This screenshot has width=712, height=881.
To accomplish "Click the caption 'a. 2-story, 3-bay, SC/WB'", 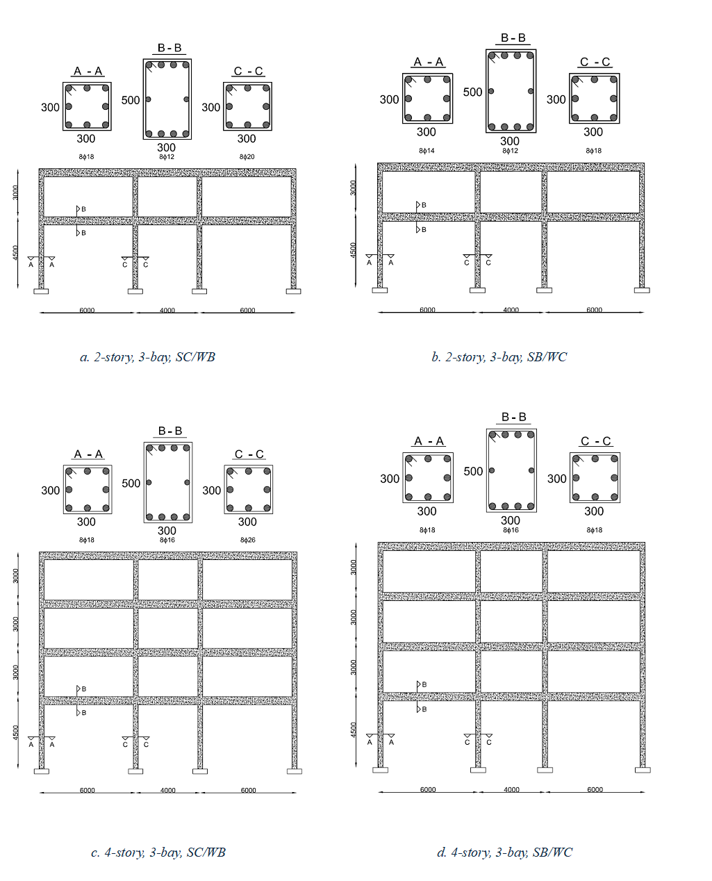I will [x=147, y=357].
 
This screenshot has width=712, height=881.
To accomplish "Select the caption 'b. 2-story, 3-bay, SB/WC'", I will [x=499, y=357].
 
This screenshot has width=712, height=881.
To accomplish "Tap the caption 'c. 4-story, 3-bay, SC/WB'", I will [x=158, y=853].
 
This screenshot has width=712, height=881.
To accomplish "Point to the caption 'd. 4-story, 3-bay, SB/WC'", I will [x=504, y=853].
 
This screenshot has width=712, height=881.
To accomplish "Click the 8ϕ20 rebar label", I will [x=247, y=157].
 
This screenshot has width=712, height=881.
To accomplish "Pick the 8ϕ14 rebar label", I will [x=427, y=151].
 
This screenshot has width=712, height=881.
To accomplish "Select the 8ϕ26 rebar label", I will [x=247, y=540].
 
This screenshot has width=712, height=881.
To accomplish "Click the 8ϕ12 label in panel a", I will [x=167, y=157].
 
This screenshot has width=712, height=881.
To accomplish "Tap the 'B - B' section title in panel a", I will [x=169, y=48].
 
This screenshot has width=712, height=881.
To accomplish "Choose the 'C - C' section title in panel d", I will [x=595, y=441].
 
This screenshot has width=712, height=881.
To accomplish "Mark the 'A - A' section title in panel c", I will [x=88, y=454].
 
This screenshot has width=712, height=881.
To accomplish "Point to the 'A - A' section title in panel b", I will [x=428, y=63].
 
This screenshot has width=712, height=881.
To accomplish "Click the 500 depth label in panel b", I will [x=472, y=92].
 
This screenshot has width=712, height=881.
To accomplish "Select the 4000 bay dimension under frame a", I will [x=167, y=311].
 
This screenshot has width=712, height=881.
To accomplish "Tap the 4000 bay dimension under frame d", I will [x=511, y=790].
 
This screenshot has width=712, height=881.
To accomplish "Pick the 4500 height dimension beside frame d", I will [x=354, y=730].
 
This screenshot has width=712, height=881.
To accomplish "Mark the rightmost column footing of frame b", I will [x=642, y=290].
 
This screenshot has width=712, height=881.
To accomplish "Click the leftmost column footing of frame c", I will [x=41, y=771].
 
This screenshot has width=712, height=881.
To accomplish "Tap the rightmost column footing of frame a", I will [x=294, y=292].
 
